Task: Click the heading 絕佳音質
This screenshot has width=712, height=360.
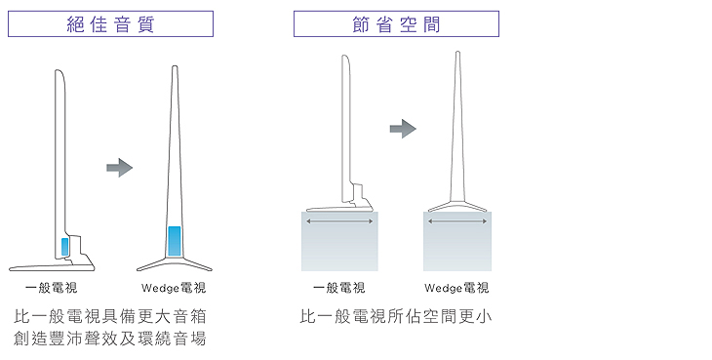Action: [x=110, y=24]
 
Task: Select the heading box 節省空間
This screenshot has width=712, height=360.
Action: [x=396, y=24]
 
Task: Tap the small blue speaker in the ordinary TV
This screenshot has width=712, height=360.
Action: [x=65, y=247]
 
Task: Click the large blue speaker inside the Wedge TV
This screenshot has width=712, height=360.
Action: [x=175, y=241]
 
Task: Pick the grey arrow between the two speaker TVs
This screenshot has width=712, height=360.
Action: [x=119, y=168]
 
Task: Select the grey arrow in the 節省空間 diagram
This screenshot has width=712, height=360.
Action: [x=403, y=129]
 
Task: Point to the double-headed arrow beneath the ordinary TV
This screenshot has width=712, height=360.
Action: [x=339, y=221]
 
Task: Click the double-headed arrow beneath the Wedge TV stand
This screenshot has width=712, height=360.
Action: [x=457, y=221]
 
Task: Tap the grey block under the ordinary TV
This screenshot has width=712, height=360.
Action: [x=339, y=241]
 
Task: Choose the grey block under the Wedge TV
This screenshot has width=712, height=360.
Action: [x=457, y=241]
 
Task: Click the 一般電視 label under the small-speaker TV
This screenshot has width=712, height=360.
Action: [x=52, y=288]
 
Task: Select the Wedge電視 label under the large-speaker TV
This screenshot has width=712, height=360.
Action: [x=174, y=288]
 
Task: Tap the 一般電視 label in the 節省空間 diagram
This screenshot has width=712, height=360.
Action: [x=338, y=288]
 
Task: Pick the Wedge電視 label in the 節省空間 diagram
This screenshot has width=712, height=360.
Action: [x=456, y=288]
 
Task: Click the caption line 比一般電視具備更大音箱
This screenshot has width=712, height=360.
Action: [x=110, y=316]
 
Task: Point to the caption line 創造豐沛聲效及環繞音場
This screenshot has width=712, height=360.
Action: [x=110, y=339]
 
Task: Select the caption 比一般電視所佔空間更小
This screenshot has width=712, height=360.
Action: [x=396, y=316]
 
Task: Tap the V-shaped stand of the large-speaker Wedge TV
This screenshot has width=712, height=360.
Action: [x=175, y=263]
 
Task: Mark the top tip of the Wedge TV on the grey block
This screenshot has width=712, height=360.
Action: [x=457, y=52]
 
